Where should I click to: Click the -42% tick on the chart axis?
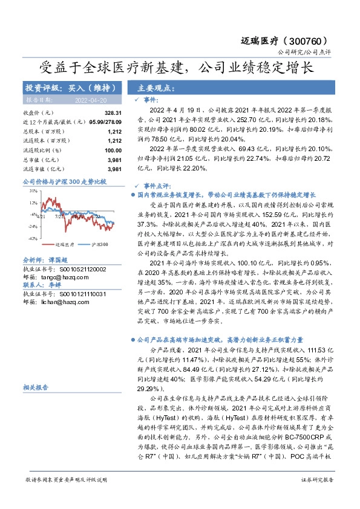33,238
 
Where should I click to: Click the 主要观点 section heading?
155,88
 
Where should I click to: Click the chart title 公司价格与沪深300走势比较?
64,181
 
